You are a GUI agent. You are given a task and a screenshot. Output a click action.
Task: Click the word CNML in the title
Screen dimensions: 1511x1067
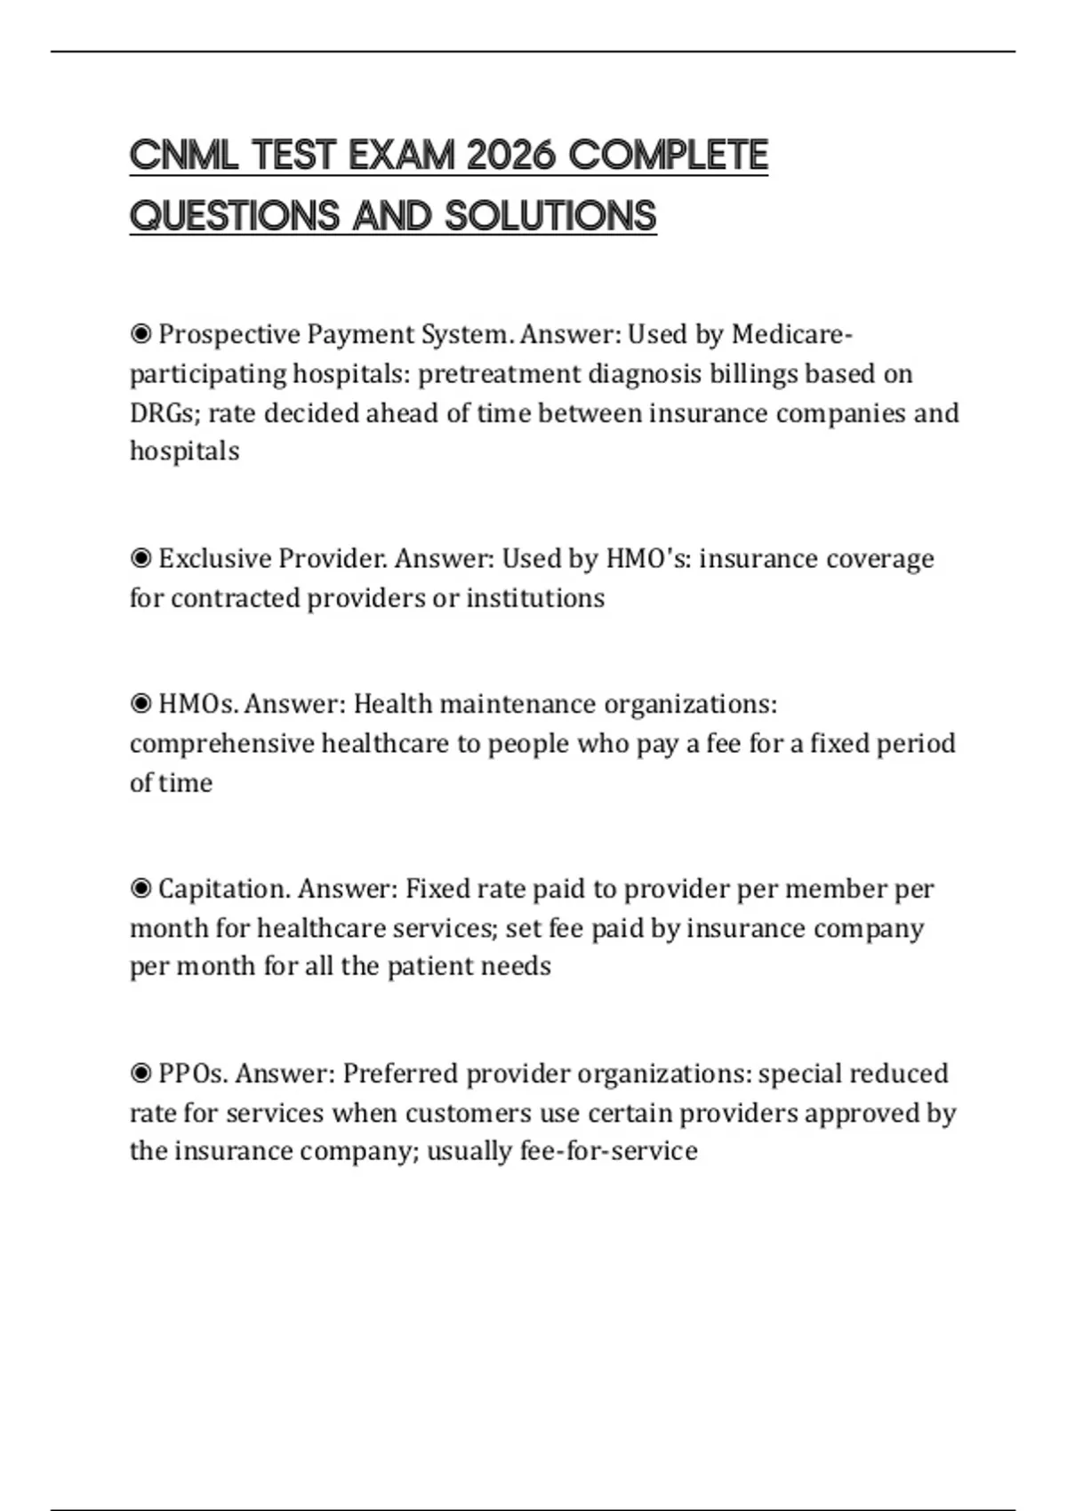pyautogui.click(x=183, y=156)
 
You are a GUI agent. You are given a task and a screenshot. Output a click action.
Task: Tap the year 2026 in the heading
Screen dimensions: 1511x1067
pyautogui.click(x=509, y=156)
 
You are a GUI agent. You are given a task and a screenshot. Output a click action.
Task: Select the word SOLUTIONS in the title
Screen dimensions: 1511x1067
pyautogui.click(x=550, y=216)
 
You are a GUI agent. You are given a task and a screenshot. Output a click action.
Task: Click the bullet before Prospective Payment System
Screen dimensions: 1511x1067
pyautogui.click(x=140, y=334)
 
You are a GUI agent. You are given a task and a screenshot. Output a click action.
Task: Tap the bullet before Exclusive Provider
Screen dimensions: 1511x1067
pyautogui.click(x=140, y=558)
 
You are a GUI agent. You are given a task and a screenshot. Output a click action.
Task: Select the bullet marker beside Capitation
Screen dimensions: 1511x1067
pyautogui.click(x=140, y=889)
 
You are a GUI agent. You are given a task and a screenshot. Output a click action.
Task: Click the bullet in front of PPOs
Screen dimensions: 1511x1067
pyautogui.click(x=140, y=1074)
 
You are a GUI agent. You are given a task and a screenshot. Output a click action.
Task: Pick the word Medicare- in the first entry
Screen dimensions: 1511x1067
pyautogui.click(x=791, y=334)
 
